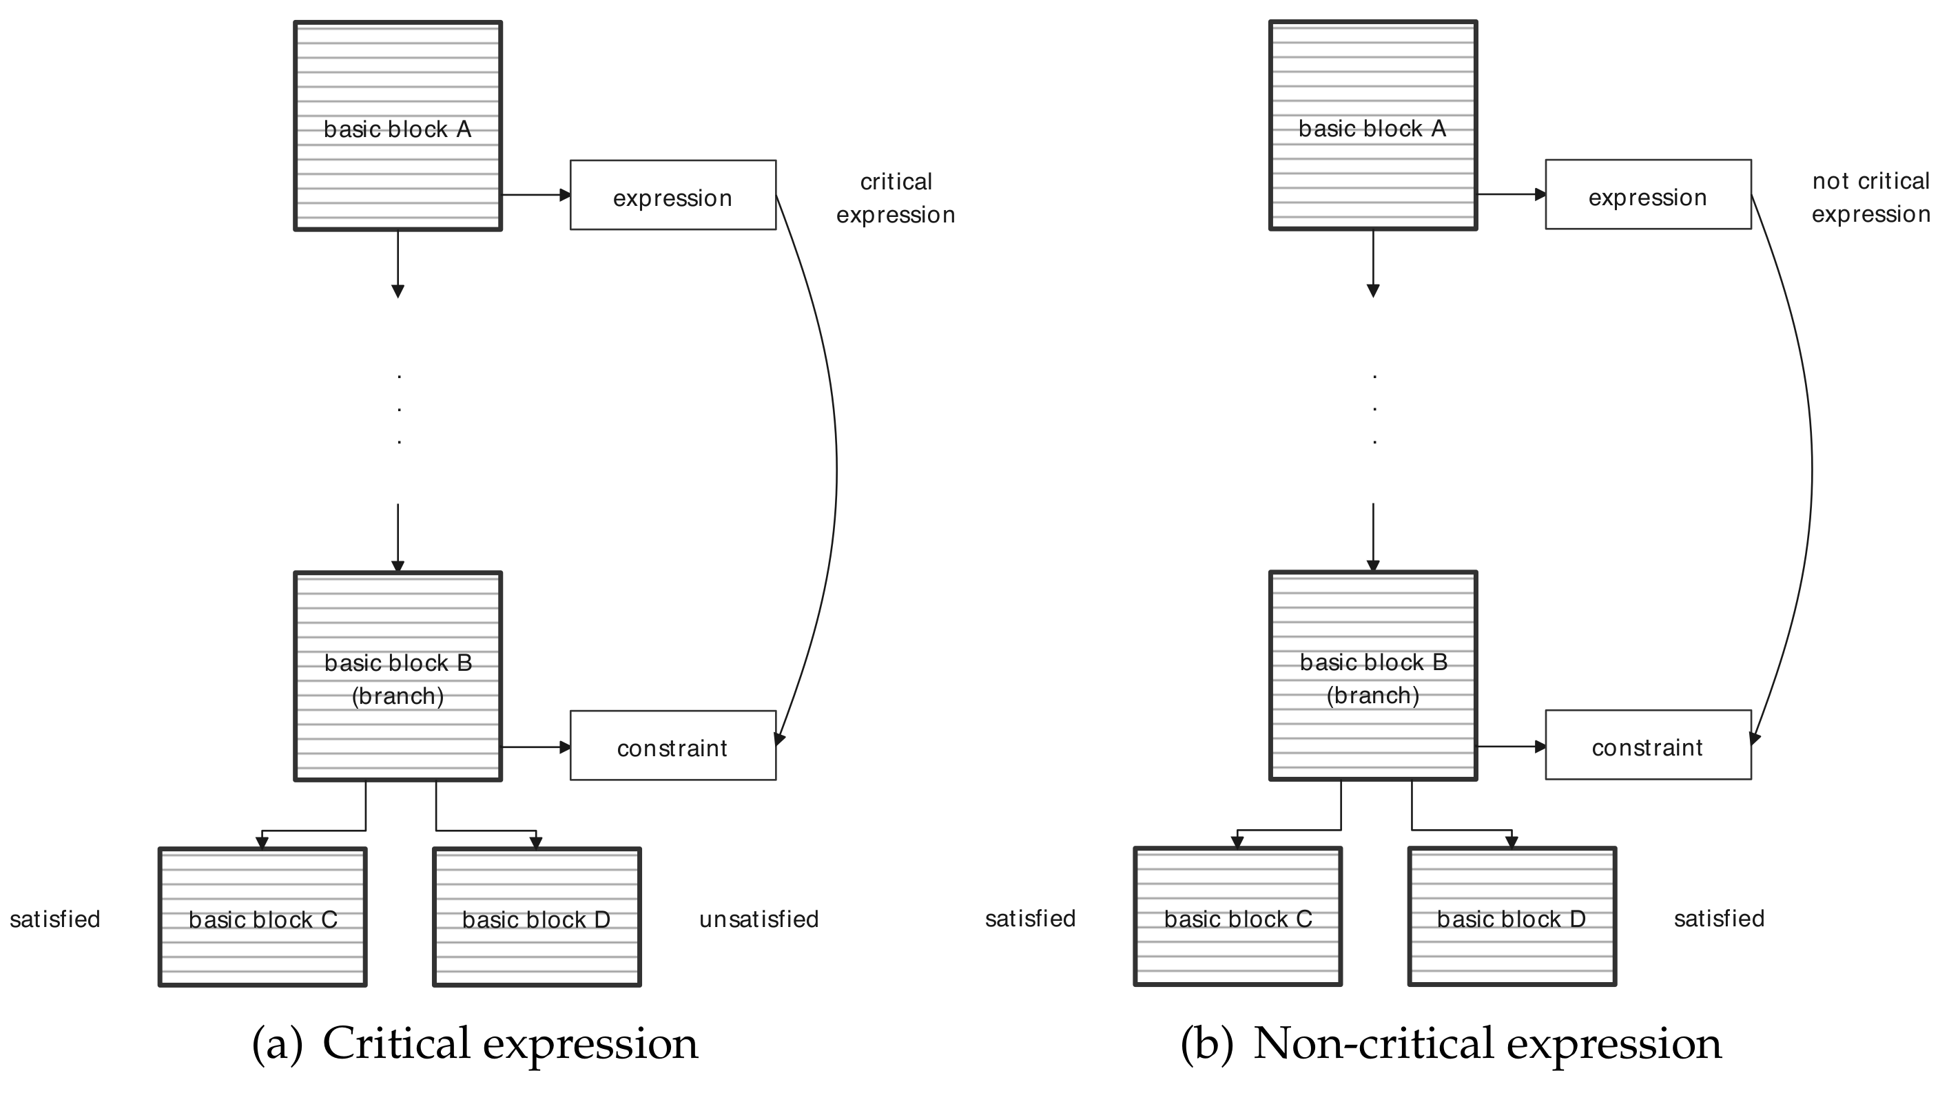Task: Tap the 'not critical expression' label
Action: [x=1870, y=198]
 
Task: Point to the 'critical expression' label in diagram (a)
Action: [x=896, y=198]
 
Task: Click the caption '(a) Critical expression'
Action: [x=475, y=1044]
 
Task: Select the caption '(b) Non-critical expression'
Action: [x=1450, y=1044]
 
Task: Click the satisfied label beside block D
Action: [x=1718, y=918]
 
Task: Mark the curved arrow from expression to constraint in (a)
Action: [x=835, y=469]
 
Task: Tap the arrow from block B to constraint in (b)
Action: [x=1510, y=747]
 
